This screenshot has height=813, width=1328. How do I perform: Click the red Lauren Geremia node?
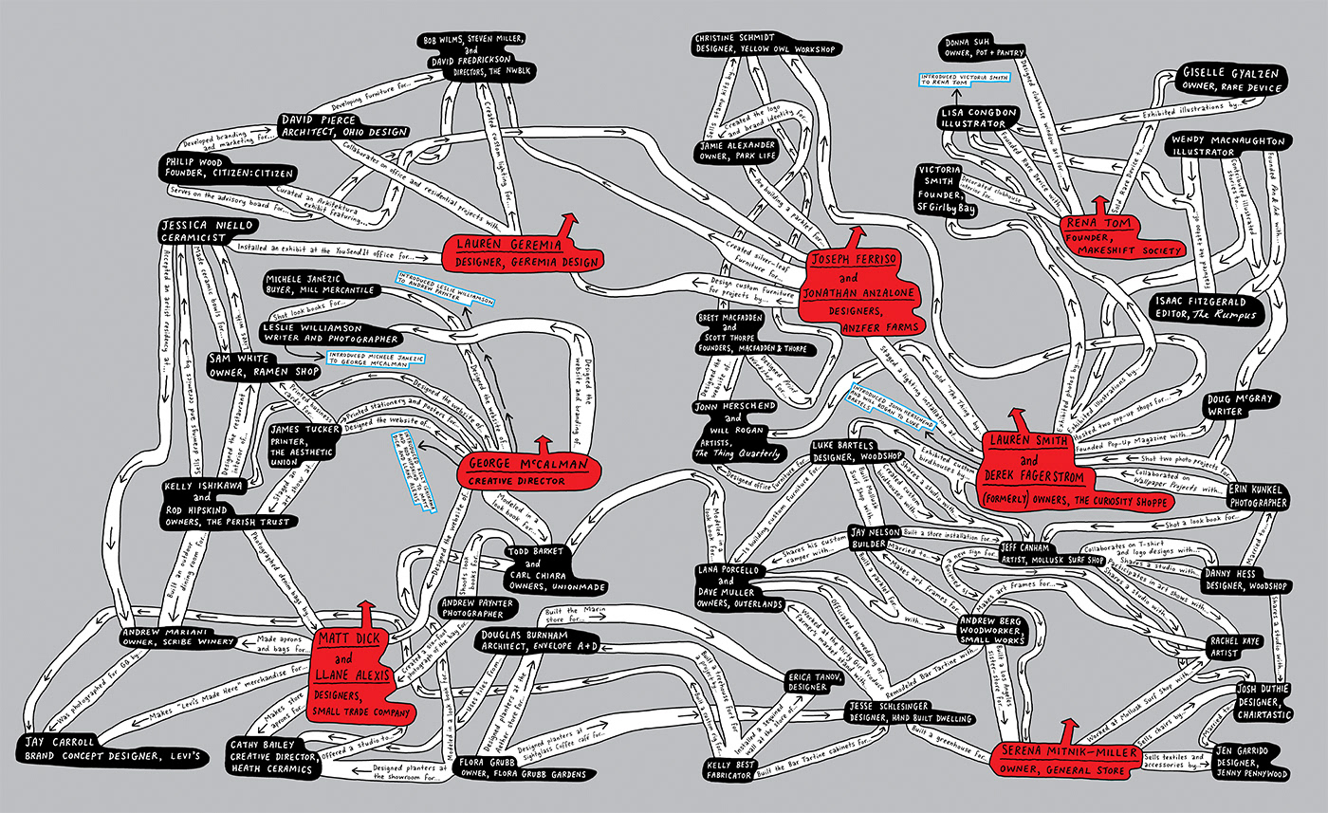point(523,252)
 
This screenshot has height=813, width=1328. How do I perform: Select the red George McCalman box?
point(527,471)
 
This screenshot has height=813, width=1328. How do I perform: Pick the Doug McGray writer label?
point(1238,406)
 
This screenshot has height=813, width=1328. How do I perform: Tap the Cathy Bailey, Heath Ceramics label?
point(271,756)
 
